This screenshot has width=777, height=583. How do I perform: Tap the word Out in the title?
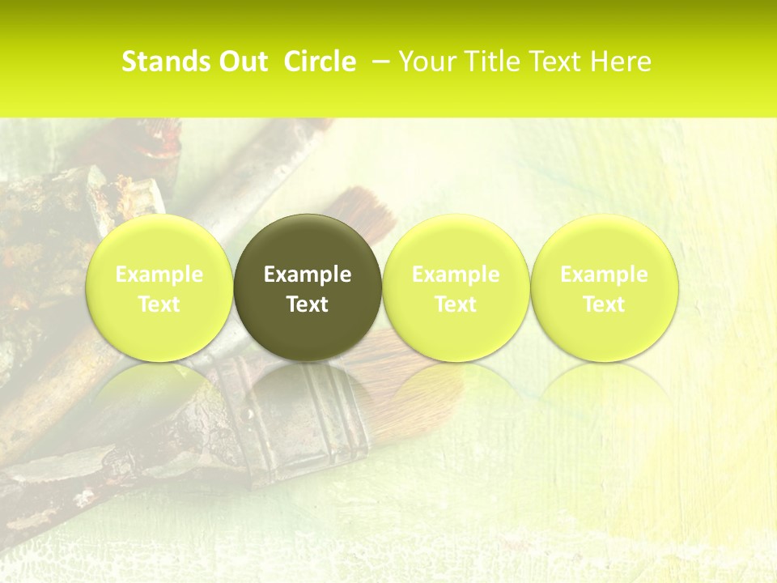coord(244,62)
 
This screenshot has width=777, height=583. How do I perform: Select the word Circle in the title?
coord(320,62)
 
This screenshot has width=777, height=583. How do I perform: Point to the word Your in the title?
coord(425,62)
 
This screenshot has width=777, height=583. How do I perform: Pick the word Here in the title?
coord(621,62)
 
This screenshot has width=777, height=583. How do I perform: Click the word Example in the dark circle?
coord(308,274)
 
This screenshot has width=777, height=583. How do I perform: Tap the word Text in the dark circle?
coord(308,304)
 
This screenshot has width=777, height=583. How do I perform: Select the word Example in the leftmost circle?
coord(159,274)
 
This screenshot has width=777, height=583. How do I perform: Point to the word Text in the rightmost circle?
coord(605,304)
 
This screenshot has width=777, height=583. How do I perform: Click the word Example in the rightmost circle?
coord(605,274)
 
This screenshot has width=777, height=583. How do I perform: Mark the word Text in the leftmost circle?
coord(159,304)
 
